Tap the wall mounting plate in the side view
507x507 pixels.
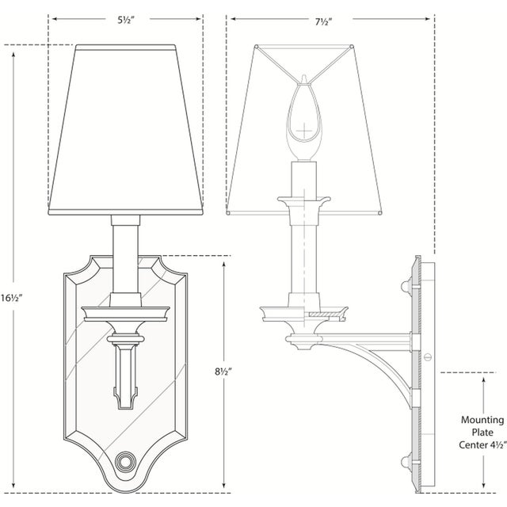[417, 372]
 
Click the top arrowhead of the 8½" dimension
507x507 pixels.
[227, 261]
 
